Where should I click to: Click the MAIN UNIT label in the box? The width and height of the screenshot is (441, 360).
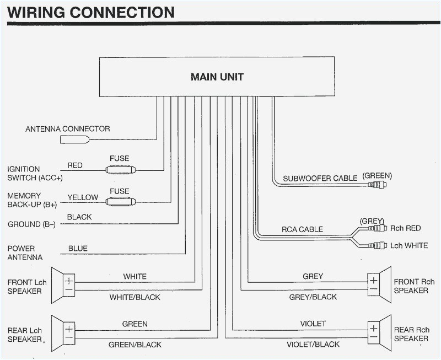pyautogui.click(x=217, y=77)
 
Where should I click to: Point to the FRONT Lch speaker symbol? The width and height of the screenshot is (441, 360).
pyautogui.click(x=63, y=285)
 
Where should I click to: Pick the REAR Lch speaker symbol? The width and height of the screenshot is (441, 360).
pyautogui.click(x=63, y=332)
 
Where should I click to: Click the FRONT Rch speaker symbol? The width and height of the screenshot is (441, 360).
pyautogui.click(x=379, y=284)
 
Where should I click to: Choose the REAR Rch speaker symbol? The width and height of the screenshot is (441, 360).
pyautogui.click(x=379, y=332)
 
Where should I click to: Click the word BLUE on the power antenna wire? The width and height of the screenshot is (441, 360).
pyautogui.click(x=78, y=249)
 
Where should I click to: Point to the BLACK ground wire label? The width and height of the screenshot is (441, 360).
pyautogui.click(x=79, y=217)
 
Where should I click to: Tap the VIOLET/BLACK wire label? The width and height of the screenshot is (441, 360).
pyautogui.click(x=313, y=345)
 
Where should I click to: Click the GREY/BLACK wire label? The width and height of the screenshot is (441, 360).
pyautogui.click(x=313, y=297)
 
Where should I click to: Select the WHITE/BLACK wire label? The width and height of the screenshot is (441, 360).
pyautogui.click(x=135, y=297)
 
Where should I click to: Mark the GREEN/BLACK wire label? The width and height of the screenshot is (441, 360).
pyautogui.click(x=135, y=345)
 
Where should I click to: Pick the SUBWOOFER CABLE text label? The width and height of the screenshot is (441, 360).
pyautogui.click(x=321, y=179)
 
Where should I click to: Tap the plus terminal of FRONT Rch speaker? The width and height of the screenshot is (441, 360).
pyautogui.click(x=373, y=280)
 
